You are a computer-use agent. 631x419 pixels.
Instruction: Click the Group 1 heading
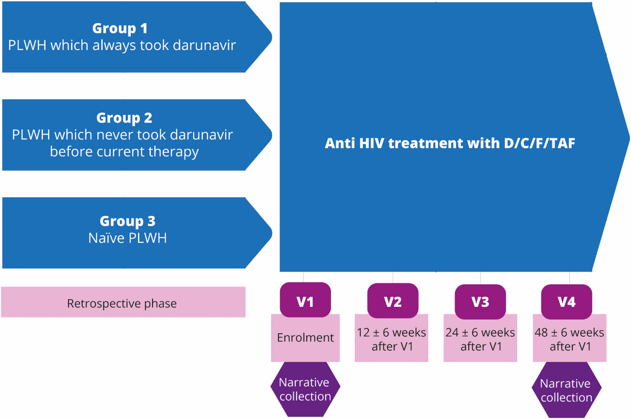(120, 28)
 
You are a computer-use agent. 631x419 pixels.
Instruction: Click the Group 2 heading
(124, 118)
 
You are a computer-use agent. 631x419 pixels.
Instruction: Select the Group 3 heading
(127, 221)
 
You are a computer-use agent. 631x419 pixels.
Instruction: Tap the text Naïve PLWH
(127, 238)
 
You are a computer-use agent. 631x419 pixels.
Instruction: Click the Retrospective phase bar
(123, 303)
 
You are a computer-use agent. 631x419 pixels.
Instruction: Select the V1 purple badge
(305, 301)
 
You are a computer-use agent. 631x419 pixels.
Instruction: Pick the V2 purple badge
(393, 301)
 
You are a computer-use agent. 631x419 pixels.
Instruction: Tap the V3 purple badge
(480, 301)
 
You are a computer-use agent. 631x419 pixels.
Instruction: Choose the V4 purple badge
(566, 301)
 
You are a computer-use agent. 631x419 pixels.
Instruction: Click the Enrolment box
(305, 338)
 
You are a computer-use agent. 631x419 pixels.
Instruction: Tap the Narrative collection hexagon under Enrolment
(305, 389)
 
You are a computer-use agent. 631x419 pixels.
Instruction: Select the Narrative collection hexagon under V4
(566, 390)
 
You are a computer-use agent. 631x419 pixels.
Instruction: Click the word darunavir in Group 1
(204, 45)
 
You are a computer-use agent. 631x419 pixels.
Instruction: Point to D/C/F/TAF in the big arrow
(539, 143)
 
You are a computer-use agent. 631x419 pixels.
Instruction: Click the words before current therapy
(124, 151)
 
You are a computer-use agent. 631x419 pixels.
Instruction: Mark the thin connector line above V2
(393, 278)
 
